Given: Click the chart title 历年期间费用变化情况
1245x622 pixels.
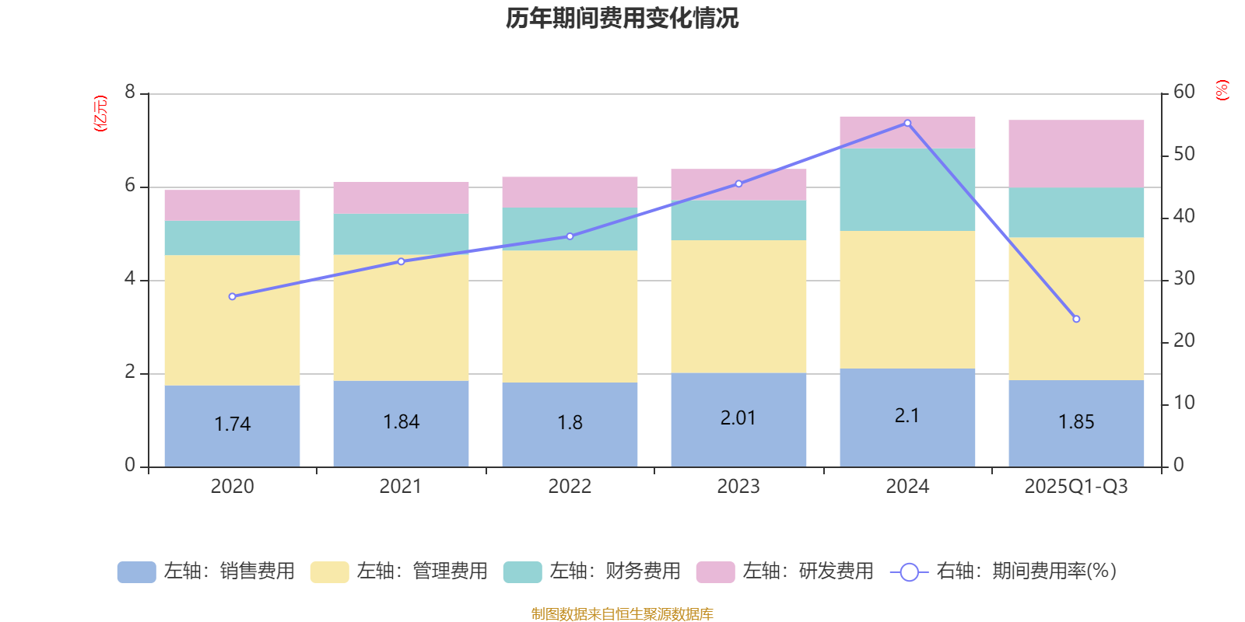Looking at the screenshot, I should (x=622, y=19).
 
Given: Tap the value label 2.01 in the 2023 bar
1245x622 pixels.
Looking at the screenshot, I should (x=738, y=418).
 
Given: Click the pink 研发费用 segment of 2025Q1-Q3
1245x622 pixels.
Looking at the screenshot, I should (x=1076, y=154).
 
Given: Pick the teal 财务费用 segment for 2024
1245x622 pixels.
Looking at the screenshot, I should (x=907, y=190).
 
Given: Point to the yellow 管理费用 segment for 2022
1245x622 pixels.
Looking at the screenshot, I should (x=570, y=316).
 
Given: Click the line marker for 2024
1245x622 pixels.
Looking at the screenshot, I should (x=907, y=123).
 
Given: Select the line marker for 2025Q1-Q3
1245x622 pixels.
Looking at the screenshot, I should (x=1076, y=319).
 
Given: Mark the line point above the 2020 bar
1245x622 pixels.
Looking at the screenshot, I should (x=232, y=296).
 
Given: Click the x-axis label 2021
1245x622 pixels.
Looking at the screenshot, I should (x=401, y=487).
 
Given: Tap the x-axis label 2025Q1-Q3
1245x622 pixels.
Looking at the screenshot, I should (x=1076, y=487).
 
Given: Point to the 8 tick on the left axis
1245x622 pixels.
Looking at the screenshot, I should (x=130, y=93).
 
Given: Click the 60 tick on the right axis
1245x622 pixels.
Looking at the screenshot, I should (x=1184, y=92).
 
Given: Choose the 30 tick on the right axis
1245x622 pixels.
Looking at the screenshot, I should (x=1184, y=278).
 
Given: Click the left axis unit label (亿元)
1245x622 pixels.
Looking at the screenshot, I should (x=100, y=114).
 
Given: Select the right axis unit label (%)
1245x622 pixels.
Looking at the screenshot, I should (x=1222, y=90).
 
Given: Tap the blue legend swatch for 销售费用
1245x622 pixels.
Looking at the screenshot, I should (x=136, y=572).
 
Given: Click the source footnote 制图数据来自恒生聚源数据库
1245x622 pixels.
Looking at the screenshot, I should (x=622, y=614).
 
